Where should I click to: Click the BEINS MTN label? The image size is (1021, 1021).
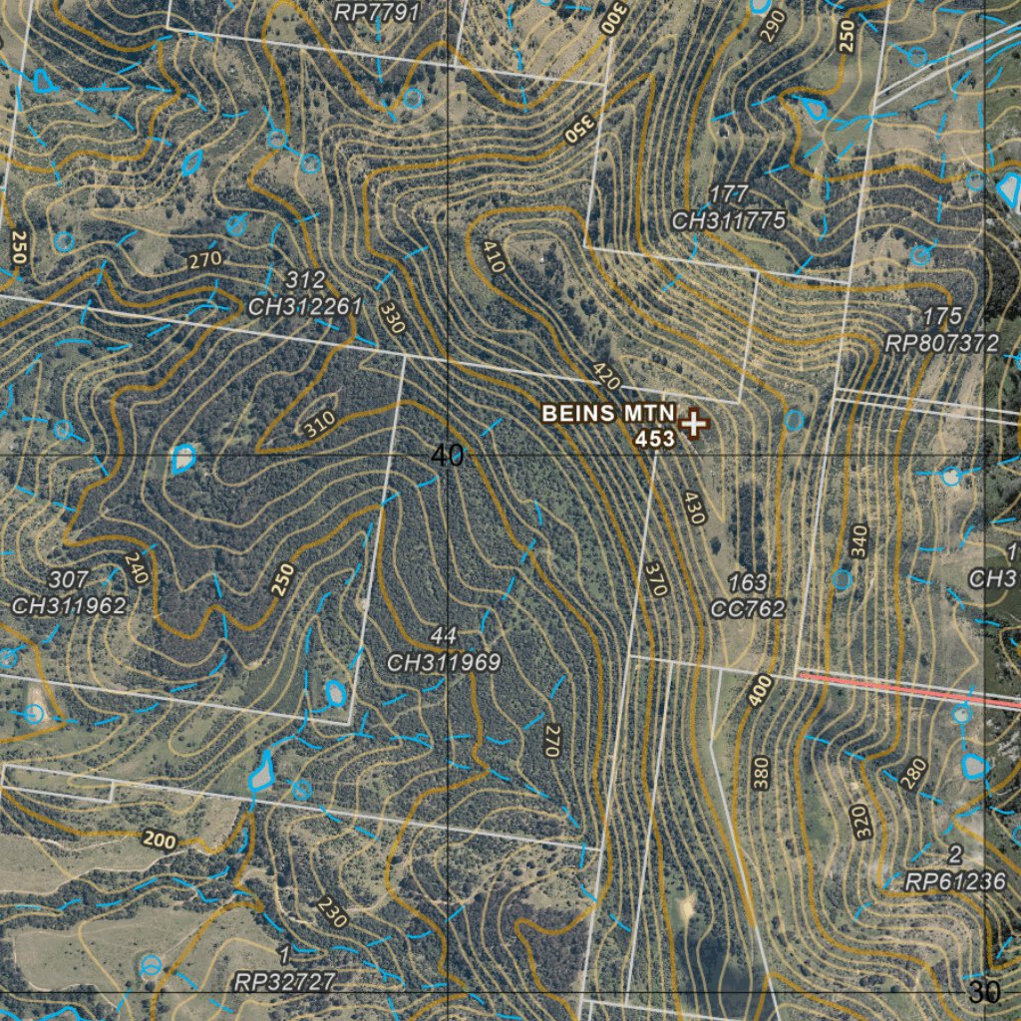[608, 414]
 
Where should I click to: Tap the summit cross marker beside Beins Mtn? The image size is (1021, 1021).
[693, 423]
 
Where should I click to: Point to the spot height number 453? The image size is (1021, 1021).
[655, 438]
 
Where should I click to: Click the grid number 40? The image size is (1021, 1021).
[448, 456]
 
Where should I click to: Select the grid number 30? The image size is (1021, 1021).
[984, 992]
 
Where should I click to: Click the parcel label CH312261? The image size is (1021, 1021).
[304, 307]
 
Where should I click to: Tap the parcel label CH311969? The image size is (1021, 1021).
[444, 662]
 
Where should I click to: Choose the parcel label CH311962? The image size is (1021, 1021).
[69, 604]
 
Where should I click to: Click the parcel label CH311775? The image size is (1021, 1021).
[729, 220]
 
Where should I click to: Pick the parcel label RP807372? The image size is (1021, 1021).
[941, 343]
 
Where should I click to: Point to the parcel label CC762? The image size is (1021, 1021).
[749, 608]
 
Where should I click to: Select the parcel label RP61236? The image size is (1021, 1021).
[955, 881]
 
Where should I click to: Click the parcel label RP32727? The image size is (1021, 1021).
[284, 981]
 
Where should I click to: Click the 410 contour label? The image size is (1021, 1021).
[494, 257]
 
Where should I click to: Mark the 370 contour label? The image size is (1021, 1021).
[655, 578]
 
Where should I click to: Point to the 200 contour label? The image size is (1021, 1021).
[159, 841]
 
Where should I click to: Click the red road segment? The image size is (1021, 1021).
[907, 689]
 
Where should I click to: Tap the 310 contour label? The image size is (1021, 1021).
[319, 426]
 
